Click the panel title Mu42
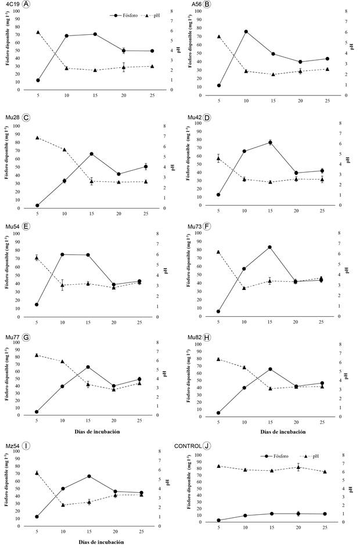click(x=195, y=117)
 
